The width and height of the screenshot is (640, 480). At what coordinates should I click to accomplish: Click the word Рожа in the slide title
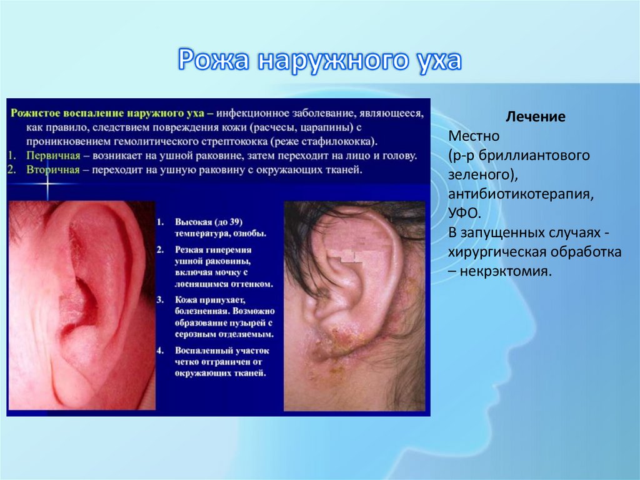214,61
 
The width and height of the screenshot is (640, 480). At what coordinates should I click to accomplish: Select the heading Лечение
536,117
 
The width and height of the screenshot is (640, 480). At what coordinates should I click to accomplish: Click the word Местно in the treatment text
474,136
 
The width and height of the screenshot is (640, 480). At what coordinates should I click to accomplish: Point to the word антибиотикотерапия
520,195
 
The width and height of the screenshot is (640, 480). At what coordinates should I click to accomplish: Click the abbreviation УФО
464,214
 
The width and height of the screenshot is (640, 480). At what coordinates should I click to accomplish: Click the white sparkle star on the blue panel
47,183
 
